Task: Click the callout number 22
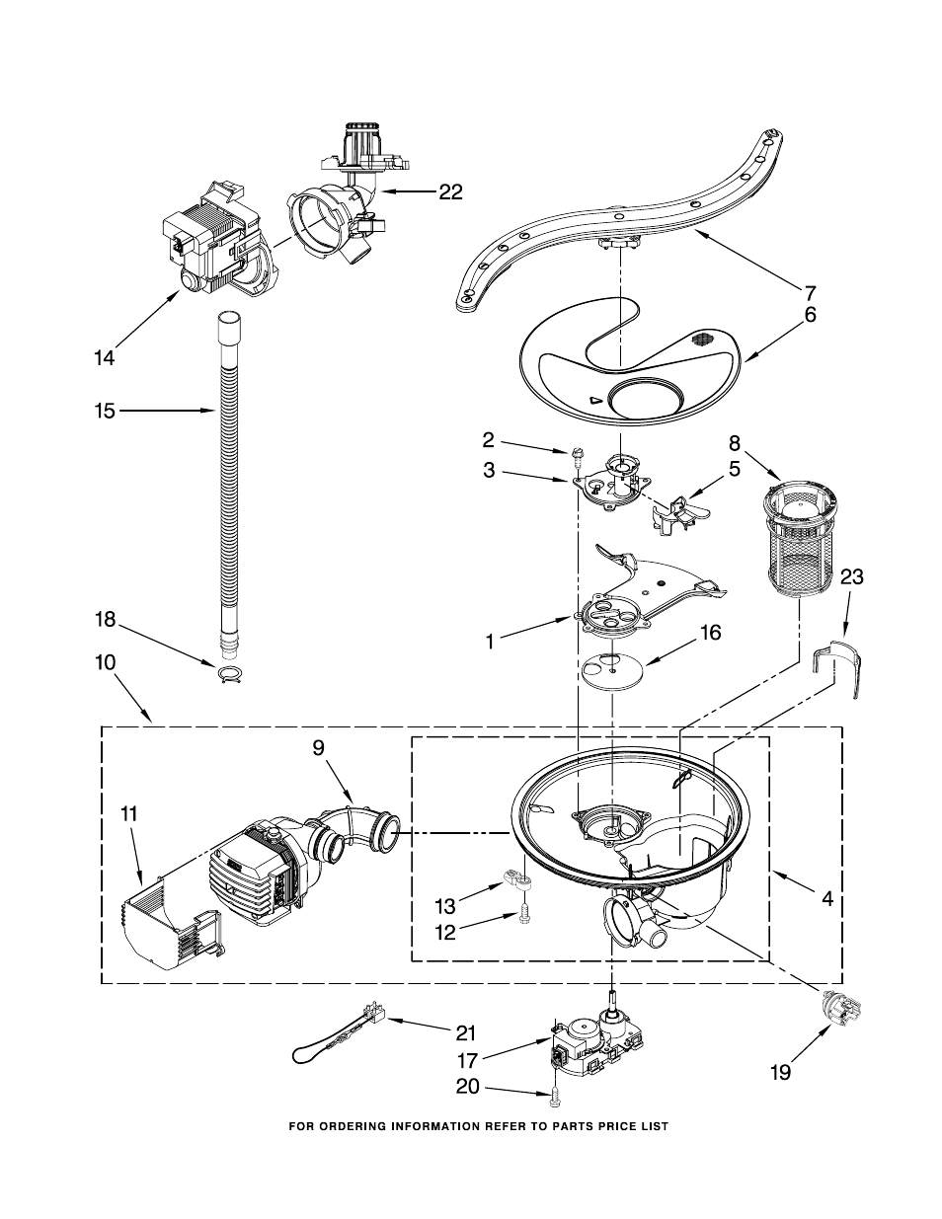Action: [x=450, y=191]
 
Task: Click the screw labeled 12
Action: [x=525, y=917]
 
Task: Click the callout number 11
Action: [x=129, y=814]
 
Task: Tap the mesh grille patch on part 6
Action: [x=702, y=339]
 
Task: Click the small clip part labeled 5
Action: [x=680, y=515]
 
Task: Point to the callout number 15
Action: [x=105, y=411]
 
